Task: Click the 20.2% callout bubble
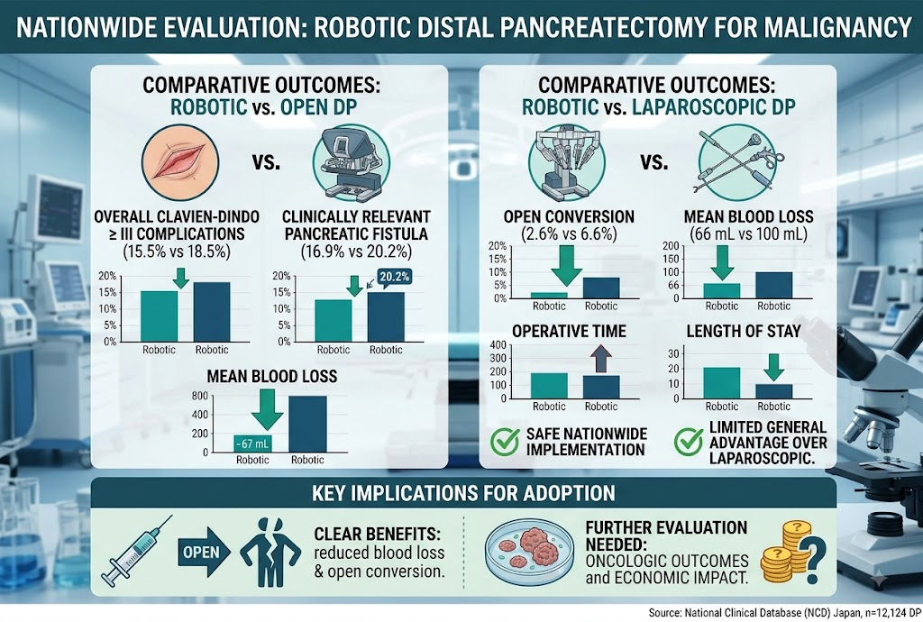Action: (x=395, y=277)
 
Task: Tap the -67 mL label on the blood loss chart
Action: (x=252, y=444)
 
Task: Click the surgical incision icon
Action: (x=180, y=162)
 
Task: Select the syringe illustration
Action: (x=136, y=551)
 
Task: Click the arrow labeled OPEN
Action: (x=204, y=552)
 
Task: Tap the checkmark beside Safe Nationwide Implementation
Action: (x=505, y=442)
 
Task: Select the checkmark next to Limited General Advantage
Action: (x=689, y=442)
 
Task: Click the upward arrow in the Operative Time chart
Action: (x=600, y=359)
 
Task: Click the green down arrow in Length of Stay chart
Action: (x=774, y=367)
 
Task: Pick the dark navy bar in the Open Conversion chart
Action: (x=601, y=288)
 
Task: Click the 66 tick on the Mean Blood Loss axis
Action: (x=672, y=286)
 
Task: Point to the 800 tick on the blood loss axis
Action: (x=199, y=396)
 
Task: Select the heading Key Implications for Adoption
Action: (x=463, y=493)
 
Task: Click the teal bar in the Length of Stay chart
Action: (x=722, y=383)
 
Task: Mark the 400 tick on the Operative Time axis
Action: (x=498, y=345)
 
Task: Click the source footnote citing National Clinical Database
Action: (x=785, y=613)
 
